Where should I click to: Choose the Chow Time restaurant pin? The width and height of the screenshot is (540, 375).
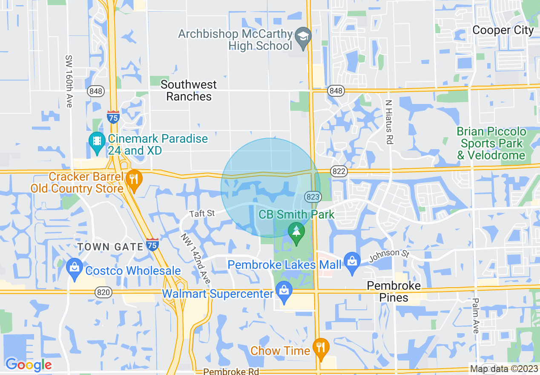(320, 347)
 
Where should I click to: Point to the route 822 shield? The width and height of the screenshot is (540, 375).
(338, 171)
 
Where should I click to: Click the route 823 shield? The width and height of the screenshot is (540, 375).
(313, 196)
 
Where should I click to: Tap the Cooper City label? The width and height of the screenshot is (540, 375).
(503, 30)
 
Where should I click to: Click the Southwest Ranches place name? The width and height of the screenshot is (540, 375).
(189, 90)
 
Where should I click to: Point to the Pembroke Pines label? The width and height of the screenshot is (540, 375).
(394, 291)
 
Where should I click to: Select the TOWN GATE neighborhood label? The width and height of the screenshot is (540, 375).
(110, 247)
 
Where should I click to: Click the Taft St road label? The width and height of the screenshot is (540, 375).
(202, 213)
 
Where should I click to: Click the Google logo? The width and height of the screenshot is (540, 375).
(29, 364)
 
